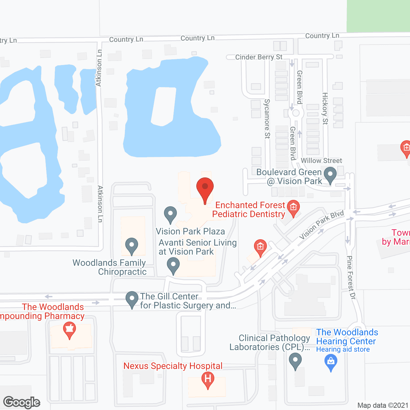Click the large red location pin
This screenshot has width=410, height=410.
click(205, 189)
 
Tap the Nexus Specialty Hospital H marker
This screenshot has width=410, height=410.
click(208, 380)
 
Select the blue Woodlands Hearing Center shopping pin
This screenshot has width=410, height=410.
click(331, 363)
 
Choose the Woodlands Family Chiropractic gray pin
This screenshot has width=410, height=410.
click(131, 246)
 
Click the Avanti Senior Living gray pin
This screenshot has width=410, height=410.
click(173, 266)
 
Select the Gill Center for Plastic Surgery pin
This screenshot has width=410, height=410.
click(132, 299)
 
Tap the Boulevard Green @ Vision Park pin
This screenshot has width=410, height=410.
click(330, 176)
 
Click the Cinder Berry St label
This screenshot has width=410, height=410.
click(259, 57)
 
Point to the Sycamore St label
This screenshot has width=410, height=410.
click(267, 119)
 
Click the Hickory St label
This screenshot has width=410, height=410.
click(325, 108)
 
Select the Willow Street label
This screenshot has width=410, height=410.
click(321, 160)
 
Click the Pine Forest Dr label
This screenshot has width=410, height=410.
click(351, 277)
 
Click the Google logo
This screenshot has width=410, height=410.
click(22, 402)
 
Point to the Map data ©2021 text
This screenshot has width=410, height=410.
click(383, 406)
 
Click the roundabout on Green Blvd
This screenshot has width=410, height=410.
click(296, 113)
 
